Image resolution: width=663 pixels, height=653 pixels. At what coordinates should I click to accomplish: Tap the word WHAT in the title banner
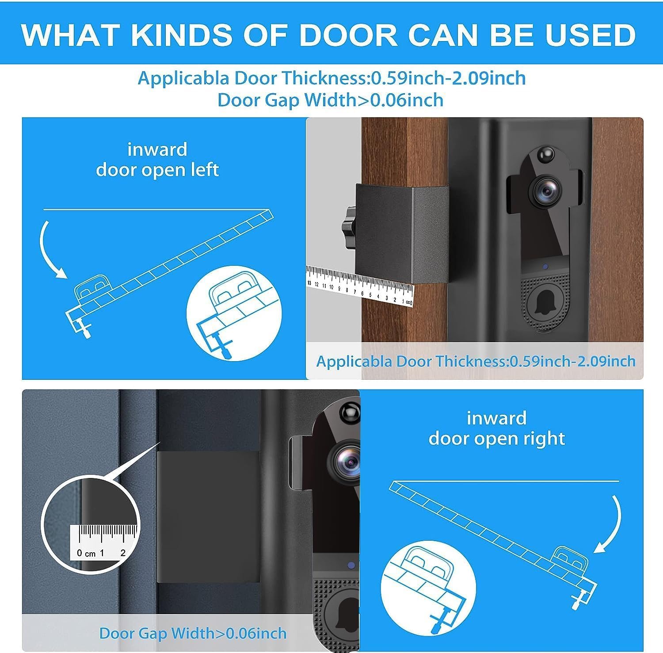click(x=70, y=34)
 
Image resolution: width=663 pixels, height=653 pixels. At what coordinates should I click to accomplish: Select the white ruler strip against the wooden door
click(x=359, y=286)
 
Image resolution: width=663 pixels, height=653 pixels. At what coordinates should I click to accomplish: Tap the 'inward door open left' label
click(x=157, y=160)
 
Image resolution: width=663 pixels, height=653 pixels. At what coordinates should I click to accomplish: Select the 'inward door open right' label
click(x=496, y=428)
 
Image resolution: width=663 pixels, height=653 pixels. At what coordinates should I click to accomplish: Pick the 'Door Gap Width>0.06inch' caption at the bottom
click(x=193, y=633)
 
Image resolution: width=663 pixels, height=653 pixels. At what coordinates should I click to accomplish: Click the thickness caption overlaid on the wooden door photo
click(x=476, y=361)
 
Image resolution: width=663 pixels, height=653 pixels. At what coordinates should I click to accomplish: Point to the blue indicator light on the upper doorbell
click(x=545, y=267)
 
